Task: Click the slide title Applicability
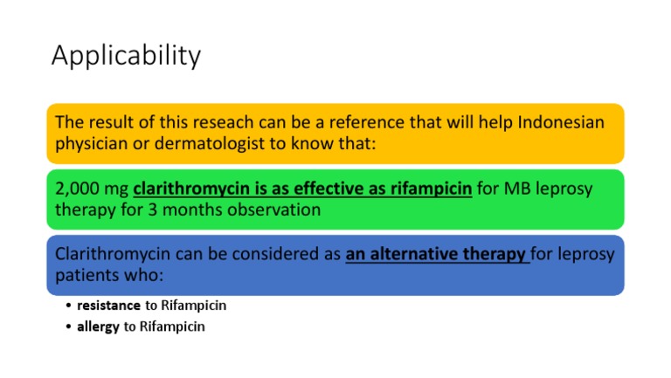(126, 56)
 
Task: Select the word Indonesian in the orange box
(561, 122)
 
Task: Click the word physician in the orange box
(92, 144)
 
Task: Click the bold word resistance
(108, 306)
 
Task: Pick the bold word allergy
(98, 326)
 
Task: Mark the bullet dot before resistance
(68, 306)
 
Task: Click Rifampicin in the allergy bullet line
(172, 326)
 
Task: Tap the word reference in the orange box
(367, 122)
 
